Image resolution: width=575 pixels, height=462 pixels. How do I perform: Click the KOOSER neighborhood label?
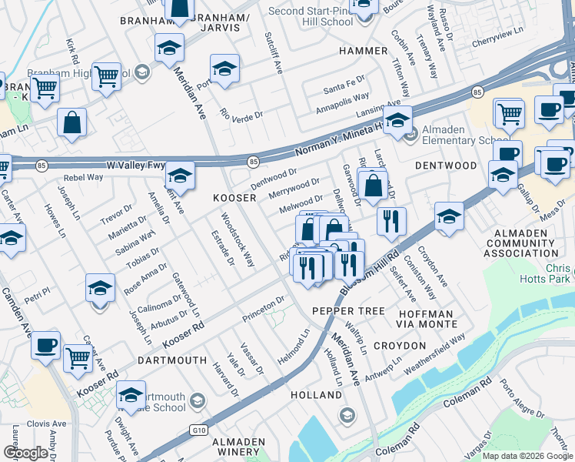point(234,198)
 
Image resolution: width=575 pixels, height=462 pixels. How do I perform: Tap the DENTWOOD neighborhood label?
point(446,166)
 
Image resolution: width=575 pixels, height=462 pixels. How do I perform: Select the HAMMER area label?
point(363,51)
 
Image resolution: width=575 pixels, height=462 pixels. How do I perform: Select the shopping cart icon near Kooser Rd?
point(78,357)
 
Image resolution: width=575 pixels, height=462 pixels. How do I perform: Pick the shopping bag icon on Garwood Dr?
point(373,185)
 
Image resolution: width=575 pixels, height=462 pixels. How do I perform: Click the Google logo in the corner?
point(25,453)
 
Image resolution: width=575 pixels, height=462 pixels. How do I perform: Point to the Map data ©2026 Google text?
point(527,455)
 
